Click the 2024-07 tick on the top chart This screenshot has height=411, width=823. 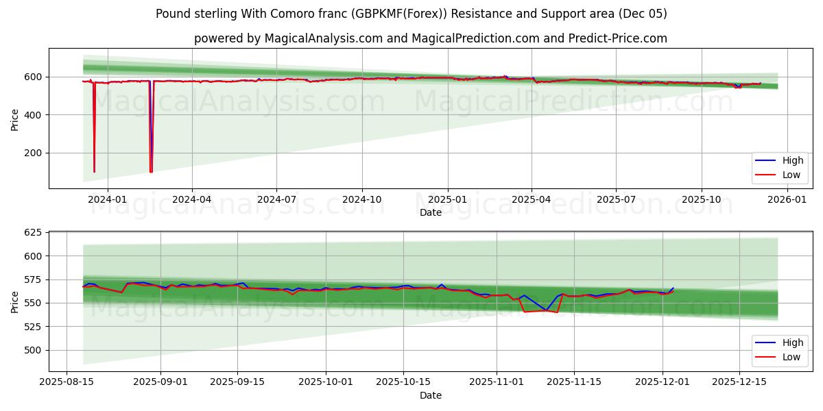[276, 199]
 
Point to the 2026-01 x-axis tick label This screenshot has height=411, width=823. [786, 199]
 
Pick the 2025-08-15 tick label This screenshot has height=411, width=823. [66, 382]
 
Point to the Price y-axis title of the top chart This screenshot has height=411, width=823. [15, 119]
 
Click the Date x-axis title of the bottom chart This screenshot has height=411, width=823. [430, 395]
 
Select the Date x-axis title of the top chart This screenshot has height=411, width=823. [430, 212]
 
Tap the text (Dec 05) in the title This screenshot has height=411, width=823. [642, 14]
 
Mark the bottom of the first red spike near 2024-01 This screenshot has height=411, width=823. [94, 171]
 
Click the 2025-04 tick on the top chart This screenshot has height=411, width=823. [532, 199]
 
